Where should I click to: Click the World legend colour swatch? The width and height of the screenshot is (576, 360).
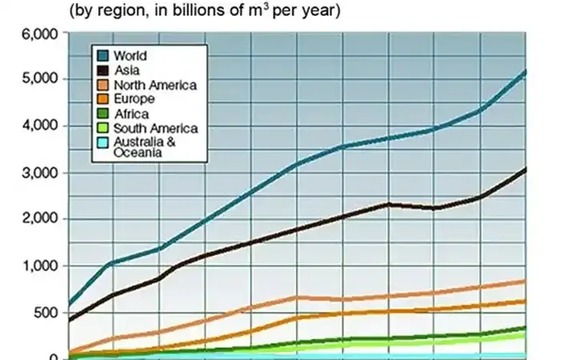coord(103,56)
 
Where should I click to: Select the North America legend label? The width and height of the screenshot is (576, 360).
coord(155,85)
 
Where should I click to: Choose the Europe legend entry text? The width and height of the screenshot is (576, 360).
coord(134,99)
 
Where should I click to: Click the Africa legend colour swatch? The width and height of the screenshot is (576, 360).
coord(103,114)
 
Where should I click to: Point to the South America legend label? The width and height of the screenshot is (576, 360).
coord(155,128)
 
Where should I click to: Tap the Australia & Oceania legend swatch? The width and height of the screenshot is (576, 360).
coord(103,142)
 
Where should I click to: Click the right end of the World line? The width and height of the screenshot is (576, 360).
coord(526,71)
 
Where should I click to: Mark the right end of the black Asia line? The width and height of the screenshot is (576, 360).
coord(526,168)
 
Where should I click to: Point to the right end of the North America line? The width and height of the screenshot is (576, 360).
coord(526,281)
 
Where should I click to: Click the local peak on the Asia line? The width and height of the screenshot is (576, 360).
coord(390,204)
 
